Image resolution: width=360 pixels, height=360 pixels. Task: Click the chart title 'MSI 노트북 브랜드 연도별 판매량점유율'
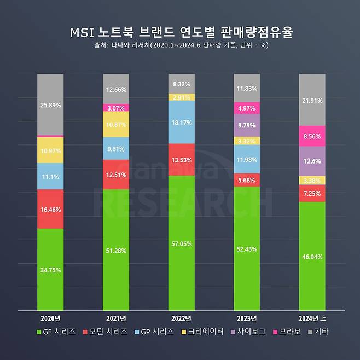pos(180,32)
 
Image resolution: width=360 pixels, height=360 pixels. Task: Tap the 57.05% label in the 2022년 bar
pos(182,243)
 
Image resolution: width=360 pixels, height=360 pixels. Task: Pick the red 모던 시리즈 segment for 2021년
pos(116,175)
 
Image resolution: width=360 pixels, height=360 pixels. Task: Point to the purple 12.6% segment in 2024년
pos(312,161)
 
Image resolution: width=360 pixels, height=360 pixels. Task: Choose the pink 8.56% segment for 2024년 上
pos(312,136)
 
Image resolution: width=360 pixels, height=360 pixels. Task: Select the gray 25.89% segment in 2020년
pos(50,104)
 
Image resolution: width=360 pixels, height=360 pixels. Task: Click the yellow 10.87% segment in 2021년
pos(116,124)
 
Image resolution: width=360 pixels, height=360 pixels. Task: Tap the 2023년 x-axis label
pos(247,318)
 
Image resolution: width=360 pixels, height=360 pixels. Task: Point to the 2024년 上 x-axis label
pos(312,318)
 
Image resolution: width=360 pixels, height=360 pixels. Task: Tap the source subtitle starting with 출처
pos(180,45)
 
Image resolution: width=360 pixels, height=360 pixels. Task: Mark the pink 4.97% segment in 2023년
pos(247,108)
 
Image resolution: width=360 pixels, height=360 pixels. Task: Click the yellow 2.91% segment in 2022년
pos(182,97)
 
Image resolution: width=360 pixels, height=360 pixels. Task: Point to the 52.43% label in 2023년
pos(247,248)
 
